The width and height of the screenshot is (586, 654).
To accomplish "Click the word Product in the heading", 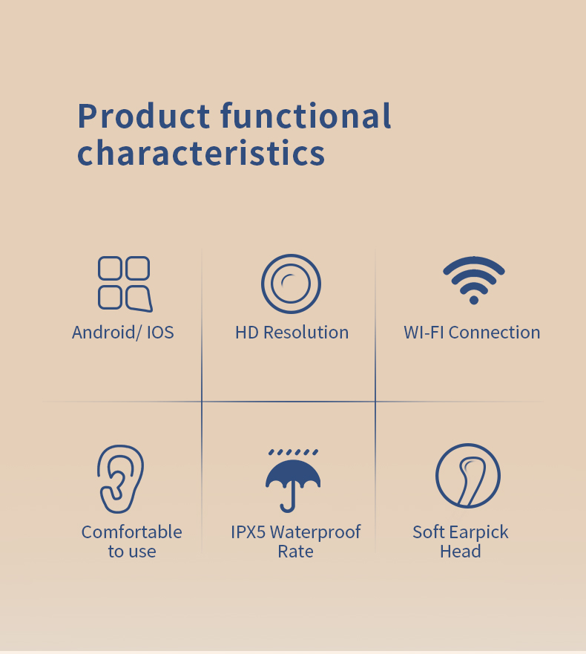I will pyautogui.click(x=144, y=117).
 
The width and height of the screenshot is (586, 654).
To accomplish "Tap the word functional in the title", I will pyautogui.click(x=306, y=117).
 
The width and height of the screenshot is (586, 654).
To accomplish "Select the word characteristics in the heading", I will pyautogui.click(x=201, y=153).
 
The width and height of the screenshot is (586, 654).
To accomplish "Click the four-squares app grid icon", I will pyautogui.click(x=125, y=284).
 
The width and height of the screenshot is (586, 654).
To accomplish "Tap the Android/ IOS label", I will pyautogui.click(x=123, y=332).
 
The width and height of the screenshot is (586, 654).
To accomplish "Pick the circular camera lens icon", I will pyautogui.click(x=291, y=284).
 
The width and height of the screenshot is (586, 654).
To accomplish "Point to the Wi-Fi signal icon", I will pyautogui.click(x=473, y=279).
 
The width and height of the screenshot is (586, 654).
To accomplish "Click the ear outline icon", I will pyautogui.click(x=121, y=479).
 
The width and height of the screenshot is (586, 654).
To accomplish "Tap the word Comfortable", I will pyautogui.click(x=131, y=532).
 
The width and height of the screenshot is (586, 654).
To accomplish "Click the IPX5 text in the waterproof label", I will pyautogui.click(x=248, y=532).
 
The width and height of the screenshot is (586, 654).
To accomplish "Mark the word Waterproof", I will pyautogui.click(x=315, y=532).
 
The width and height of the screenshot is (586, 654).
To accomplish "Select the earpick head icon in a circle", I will pyautogui.click(x=467, y=476).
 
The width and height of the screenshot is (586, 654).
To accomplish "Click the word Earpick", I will pyautogui.click(x=479, y=532).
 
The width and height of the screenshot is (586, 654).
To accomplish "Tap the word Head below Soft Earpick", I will pyautogui.click(x=460, y=552).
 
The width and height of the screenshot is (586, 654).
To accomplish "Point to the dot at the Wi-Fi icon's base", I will pyautogui.click(x=473, y=299).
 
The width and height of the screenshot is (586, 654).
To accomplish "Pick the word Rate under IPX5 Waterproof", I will pyautogui.click(x=295, y=552).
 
